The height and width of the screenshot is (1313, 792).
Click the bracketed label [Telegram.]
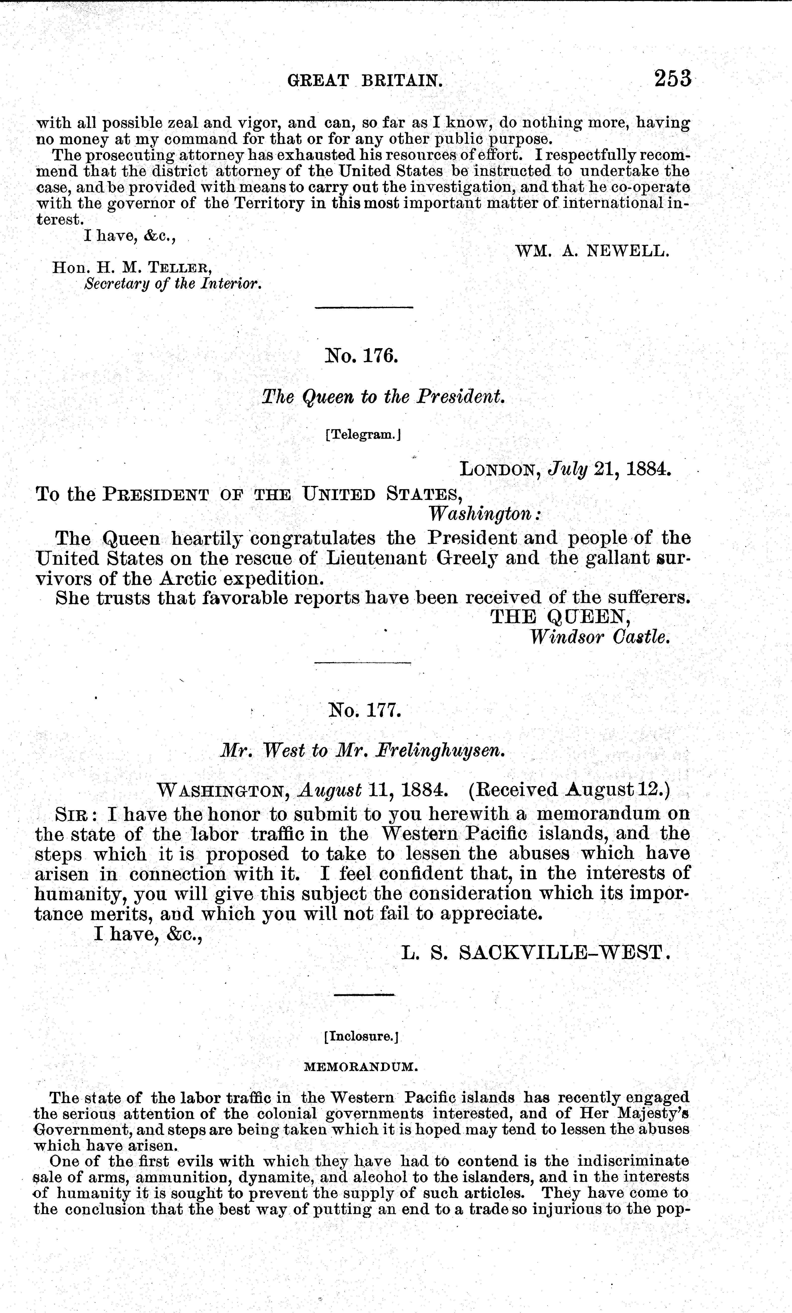(x=362, y=435)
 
